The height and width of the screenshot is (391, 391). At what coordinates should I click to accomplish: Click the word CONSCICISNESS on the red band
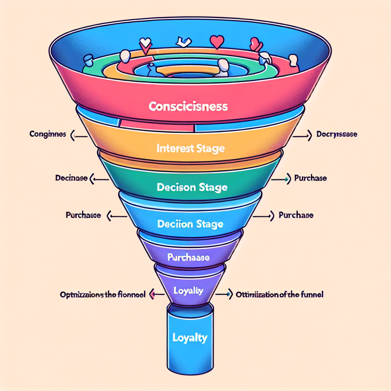click(x=188, y=106)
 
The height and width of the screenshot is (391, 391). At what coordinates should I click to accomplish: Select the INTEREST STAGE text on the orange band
click(x=190, y=148)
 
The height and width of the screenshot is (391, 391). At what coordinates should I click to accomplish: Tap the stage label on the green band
click(x=192, y=187)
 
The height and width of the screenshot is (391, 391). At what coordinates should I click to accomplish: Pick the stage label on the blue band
click(x=190, y=224)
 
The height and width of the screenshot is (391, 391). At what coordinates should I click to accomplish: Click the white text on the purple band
click(x=189, y=258)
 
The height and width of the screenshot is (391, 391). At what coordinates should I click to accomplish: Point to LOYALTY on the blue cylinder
click(x=190, y=338)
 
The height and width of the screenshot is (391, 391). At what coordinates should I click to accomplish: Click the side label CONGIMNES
click(x=47, y=134)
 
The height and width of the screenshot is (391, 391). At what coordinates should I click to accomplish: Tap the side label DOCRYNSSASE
click(x=337, y=134)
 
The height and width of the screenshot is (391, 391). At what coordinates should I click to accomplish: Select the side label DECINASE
click(x=71, y=178)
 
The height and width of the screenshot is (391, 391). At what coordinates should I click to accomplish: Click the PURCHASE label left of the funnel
click(x=83, y=215)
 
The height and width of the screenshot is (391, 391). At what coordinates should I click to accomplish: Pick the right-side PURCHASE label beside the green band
click(x=310, y=178)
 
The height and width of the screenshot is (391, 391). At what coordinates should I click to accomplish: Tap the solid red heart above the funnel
click(x=217, y=42)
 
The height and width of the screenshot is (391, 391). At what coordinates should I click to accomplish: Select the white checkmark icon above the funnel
click(x=183, y=41)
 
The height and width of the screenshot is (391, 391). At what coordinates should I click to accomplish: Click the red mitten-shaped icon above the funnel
click(x=255, y=45)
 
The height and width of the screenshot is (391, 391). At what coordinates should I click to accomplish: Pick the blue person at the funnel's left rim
click(x=89, y=60)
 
